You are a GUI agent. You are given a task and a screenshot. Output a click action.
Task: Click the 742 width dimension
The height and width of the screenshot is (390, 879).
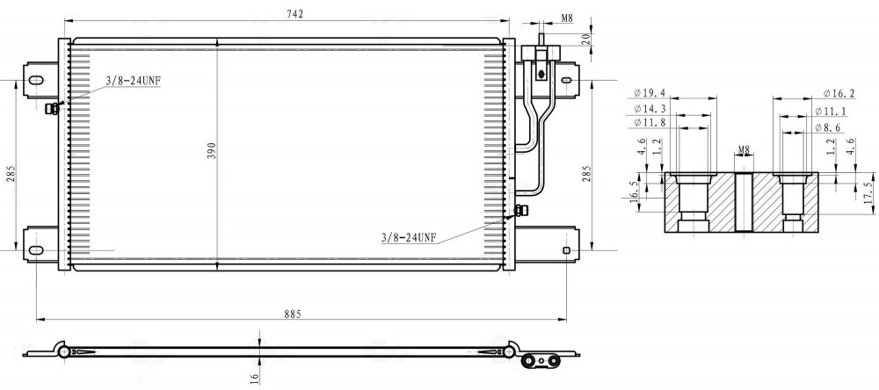(x=294, y=15)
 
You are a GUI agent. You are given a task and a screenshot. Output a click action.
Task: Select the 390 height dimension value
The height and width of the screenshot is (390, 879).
(x=211, y=150)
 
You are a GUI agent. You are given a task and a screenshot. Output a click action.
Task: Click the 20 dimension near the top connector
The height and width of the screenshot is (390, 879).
(x=585, y=39)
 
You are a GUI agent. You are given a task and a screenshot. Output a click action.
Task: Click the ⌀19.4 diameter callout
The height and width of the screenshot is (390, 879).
(x=650, y=92)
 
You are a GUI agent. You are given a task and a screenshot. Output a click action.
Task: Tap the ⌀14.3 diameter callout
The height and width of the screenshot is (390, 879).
(x=650, y=108)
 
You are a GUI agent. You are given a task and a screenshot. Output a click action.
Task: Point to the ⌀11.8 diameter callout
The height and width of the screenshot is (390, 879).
(x=650, y=122)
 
